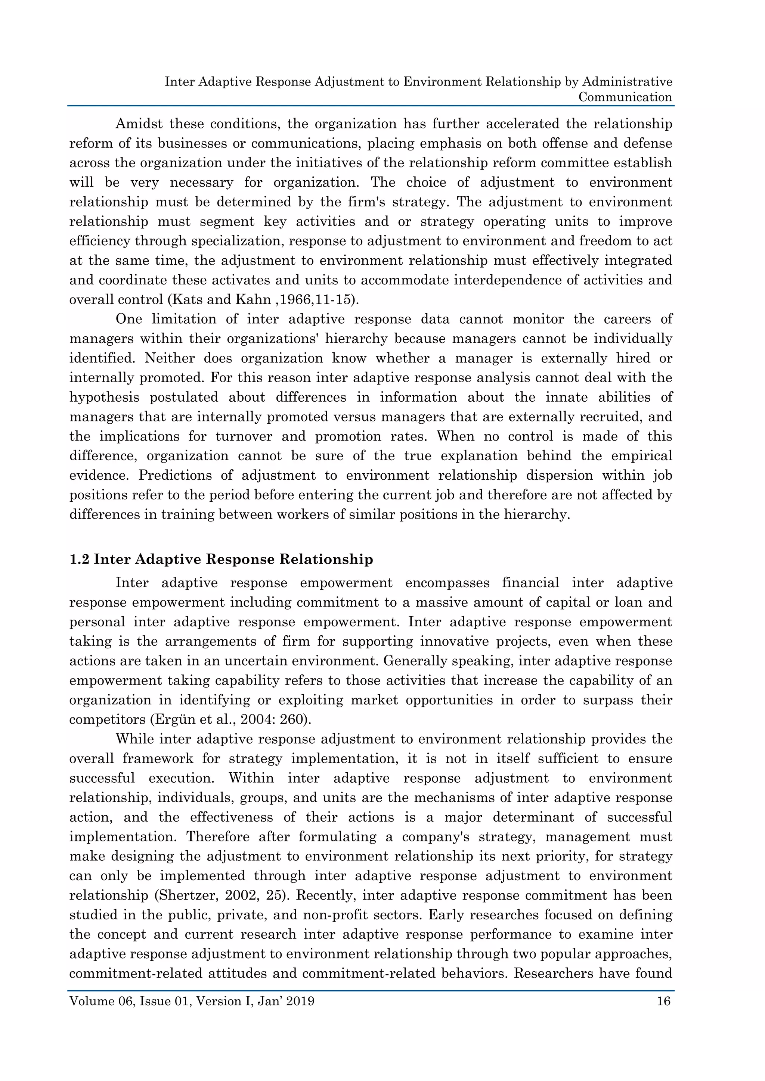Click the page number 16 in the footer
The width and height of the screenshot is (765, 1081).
(663, 1001)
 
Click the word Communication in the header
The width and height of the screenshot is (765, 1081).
(625, 97)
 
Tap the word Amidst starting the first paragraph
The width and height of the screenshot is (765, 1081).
(139, 124)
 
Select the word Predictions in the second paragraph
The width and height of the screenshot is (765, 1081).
(175, 475)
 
